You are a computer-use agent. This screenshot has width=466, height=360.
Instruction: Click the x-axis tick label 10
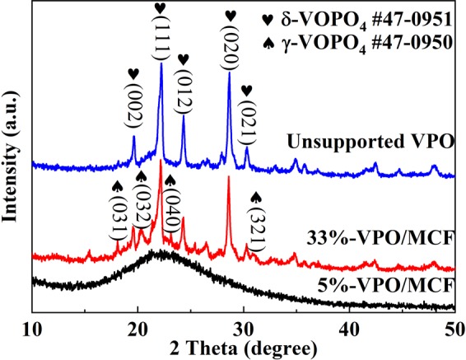(x=31, y=321)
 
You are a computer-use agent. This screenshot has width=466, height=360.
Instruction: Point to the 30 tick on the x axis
(x=244, y=321)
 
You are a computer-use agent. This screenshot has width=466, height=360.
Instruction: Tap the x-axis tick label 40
(x=349, y=321)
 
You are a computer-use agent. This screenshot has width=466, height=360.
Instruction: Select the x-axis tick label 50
(x=453, y=321)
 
